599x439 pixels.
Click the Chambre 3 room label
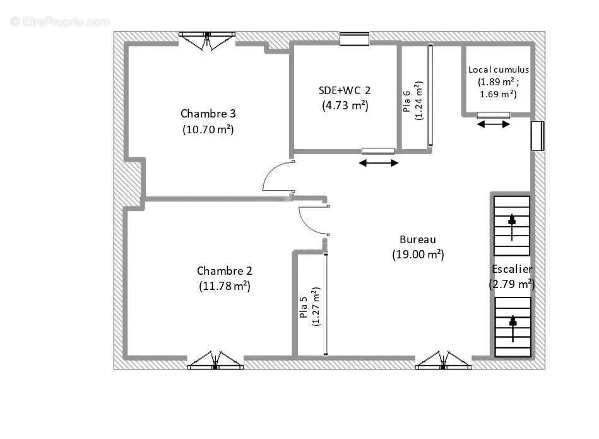click(x=208, y=114)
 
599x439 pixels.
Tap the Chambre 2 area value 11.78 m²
click(x=225, y=286)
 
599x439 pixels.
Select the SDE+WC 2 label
click(x=345, y=90)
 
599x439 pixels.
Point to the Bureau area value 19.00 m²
click(x=418, y=255)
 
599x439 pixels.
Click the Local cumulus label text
click(x=499, y=69)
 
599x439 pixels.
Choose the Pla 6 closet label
click(x=406, y=101)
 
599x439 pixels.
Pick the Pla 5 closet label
click(x=304, y=307)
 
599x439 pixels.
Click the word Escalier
click(x=512, y=269)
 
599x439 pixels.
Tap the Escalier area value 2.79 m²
click(x=512, y=284)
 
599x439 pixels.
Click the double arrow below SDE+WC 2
click(x=379, y=163)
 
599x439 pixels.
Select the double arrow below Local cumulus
click(x=494, y=124)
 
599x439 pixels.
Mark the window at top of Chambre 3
click(x=206, y=41)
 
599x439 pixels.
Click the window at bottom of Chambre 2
click(x=215, y=360)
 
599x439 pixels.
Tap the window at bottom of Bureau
click(x=443, y=360)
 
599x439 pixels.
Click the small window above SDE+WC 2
click(x=355, y=39)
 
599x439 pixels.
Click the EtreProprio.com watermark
click(x=61, y=22)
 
